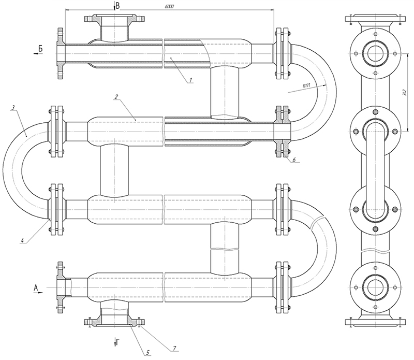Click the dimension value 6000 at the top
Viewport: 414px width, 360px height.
(x=170, y=6)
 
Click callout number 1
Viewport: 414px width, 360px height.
(x=190, y=79)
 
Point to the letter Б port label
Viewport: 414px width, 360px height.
(x=39, y=49)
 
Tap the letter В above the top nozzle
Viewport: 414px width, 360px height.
(x=117, y=6)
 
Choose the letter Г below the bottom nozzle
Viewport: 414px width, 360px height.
(x=120, y=342)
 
